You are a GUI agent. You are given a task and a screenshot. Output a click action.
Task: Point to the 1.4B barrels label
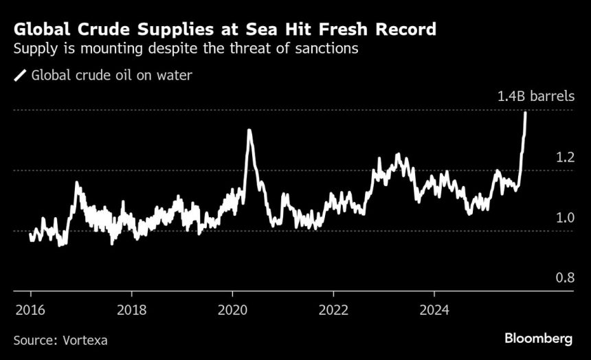click(535, 96)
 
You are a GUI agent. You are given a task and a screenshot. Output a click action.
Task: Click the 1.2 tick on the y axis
click(565, 157)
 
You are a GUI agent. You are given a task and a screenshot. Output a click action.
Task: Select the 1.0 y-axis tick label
click(565, 218)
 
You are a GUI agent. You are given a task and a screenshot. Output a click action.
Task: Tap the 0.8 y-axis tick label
click(565, 278)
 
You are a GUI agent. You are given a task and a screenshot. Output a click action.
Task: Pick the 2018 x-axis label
click(131, 308)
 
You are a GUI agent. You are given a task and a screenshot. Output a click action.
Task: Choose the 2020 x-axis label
click(232, 308)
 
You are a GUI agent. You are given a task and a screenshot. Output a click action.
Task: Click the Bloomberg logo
click(538, 339)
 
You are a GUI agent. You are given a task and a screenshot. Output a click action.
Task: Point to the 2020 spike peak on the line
click(249, 130)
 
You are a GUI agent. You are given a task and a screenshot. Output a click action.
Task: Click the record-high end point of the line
click(526, 112)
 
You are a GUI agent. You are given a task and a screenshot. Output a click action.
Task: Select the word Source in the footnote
click(34, 339)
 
